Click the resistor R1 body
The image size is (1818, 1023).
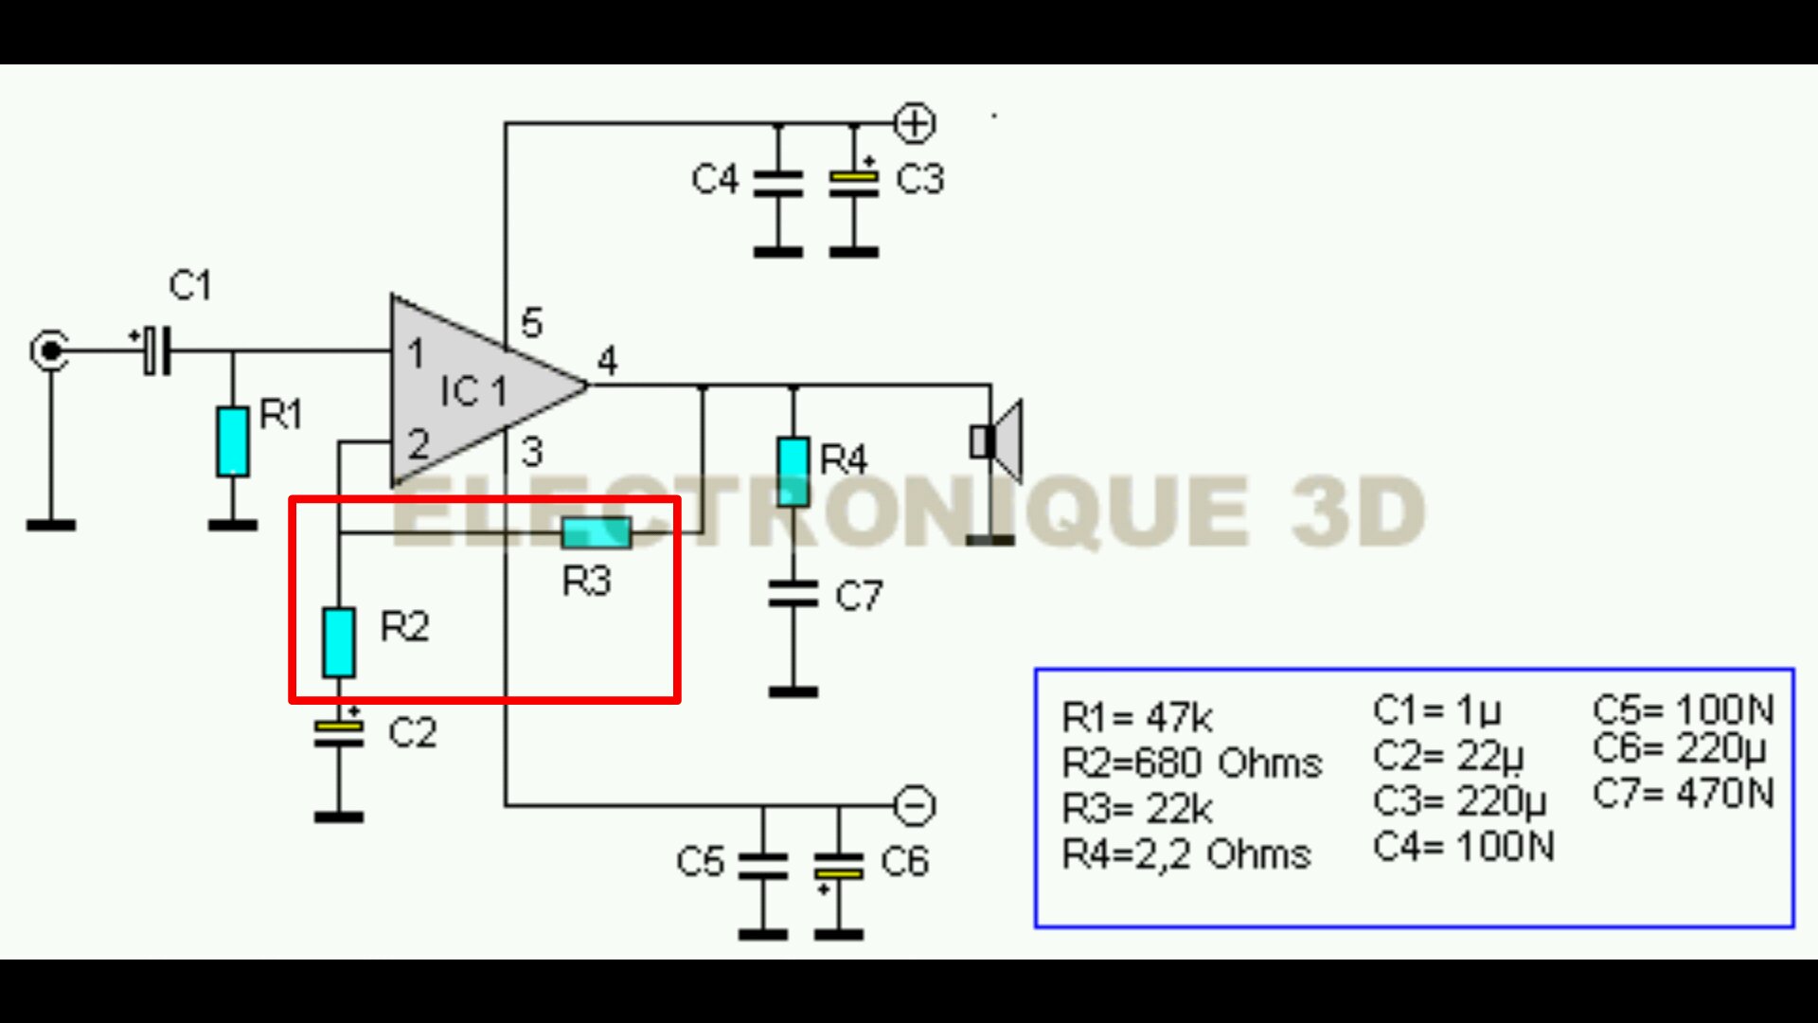pos(233,440)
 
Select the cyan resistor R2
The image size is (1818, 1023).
pos(339,642)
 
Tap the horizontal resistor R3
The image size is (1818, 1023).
pos(596,532)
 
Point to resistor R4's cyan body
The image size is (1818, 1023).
pos(793,471)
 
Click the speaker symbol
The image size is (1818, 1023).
pos(997,441)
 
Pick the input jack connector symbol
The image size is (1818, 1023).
pos(49,350)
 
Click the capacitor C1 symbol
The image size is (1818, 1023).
pos(157,350)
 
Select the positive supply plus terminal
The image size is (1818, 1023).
pos(915,124)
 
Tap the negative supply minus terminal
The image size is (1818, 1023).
pos(915,806)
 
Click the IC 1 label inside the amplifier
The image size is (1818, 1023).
pos(473,390)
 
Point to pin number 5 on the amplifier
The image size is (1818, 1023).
pos(531,323)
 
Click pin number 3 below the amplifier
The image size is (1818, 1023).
pos(532,452)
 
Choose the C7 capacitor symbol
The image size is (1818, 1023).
pos(793,594)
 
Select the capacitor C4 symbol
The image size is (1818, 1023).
pos(778,182)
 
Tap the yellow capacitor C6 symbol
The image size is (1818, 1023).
pos(839,867)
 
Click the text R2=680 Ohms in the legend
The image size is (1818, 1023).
pos(1191,763)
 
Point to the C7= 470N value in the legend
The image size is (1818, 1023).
pos(1683,793)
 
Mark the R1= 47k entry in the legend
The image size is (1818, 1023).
pos(1136,718)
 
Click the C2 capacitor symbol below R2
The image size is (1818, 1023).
pos(339,732)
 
